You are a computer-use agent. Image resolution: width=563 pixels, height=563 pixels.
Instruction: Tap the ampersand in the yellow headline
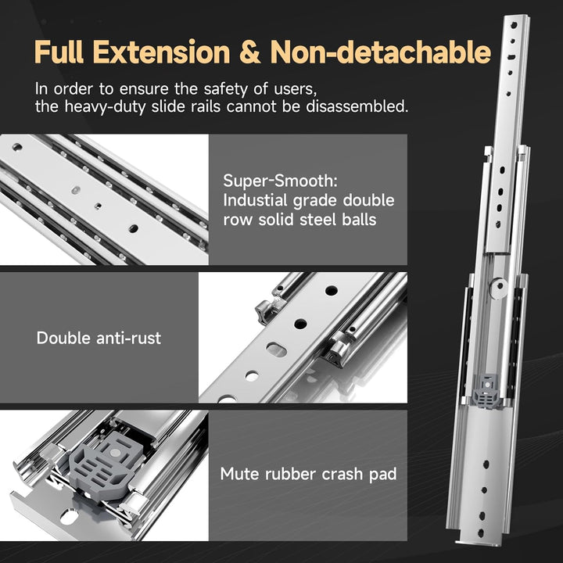250,52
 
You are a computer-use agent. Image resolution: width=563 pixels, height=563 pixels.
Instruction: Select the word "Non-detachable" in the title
380,52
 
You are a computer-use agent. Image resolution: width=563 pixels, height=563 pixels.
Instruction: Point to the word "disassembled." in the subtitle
357,106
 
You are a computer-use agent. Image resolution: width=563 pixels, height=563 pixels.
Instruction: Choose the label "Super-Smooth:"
281,181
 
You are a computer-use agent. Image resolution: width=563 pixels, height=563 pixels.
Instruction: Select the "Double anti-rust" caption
99,338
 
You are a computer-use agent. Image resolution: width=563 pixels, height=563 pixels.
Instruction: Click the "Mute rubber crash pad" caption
308,474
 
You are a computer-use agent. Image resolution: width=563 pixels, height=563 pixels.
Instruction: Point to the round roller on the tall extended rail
499,288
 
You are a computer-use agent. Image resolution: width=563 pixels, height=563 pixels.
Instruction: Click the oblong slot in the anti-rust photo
277,350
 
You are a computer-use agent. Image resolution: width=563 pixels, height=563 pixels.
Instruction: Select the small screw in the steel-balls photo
98,206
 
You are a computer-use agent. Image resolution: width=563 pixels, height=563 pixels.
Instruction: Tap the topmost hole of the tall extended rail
515,25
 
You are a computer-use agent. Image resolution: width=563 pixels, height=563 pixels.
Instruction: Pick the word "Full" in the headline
59,52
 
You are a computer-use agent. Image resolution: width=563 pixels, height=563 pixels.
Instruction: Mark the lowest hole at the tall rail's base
480,533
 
